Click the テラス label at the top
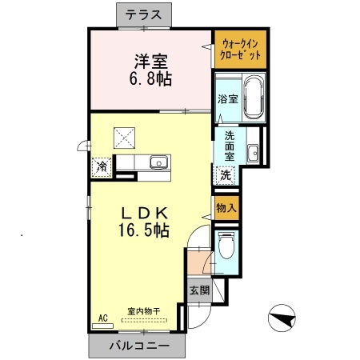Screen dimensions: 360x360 (x=144, y=14)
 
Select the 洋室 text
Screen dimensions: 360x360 (x=149, y=61)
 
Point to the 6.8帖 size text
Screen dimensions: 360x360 (x=150, y=79)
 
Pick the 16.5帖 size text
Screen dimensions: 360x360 (x=144, y=231)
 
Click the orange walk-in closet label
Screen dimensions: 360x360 (x=240, y=50)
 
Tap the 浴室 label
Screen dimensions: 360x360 (x=227, y=99)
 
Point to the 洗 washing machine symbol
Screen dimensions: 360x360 (x=226, y=174)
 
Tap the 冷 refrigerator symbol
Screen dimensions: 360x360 (x=102, y=167)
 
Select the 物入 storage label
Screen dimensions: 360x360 (x=226, y=208)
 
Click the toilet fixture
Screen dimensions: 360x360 (x=226, y=247)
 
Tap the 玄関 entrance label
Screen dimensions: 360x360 (x=199, y=290)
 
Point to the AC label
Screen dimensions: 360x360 (x=102, y=318)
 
